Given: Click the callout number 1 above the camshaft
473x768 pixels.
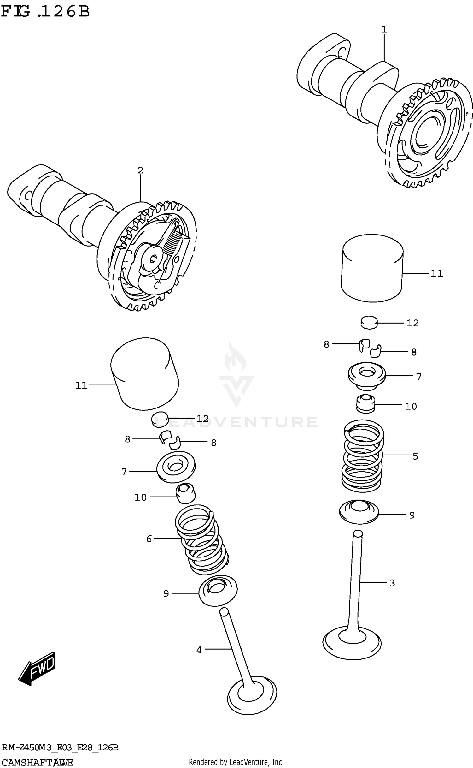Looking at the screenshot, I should [384, 30].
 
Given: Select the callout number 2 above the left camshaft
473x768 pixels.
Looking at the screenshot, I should [140, 170].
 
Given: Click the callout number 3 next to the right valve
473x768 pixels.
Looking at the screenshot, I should [392, 583].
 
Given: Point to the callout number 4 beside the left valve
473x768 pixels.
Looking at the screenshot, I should [199, 650].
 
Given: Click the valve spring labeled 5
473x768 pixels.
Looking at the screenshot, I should [363, 456].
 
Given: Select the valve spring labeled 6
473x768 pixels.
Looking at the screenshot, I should [202, 540].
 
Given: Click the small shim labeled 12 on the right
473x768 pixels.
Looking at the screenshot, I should [369, 322].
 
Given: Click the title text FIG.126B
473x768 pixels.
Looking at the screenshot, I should [46, 12].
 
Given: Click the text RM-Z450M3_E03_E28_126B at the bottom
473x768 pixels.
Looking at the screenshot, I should [60, 748].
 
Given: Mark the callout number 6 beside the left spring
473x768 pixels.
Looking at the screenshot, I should [149, 539].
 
